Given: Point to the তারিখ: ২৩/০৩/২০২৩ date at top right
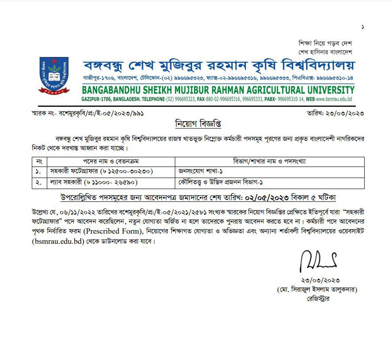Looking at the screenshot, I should (335, 114).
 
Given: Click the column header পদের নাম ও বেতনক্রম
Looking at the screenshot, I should (111, 161).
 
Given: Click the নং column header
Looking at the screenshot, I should (39, 161).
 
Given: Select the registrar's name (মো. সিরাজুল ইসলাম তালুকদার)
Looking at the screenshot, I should (317, 290).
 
